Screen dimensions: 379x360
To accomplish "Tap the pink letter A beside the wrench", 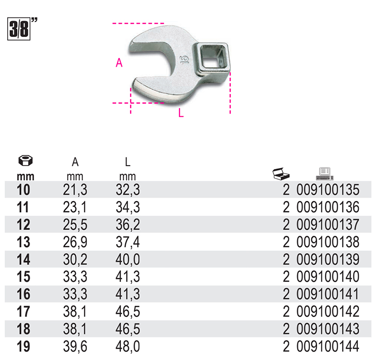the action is point(119,63).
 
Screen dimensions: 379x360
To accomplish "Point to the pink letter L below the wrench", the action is point(181,113).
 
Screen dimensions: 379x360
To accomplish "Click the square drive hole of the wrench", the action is point(212,57).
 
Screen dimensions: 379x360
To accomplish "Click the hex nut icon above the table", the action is point(25,160).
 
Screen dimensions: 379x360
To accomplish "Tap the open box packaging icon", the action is point(281,174).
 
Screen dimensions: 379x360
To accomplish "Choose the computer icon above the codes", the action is point(325,174).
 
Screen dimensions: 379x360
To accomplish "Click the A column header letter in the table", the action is point(75,162).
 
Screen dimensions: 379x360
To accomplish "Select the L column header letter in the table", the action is point(128,162).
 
